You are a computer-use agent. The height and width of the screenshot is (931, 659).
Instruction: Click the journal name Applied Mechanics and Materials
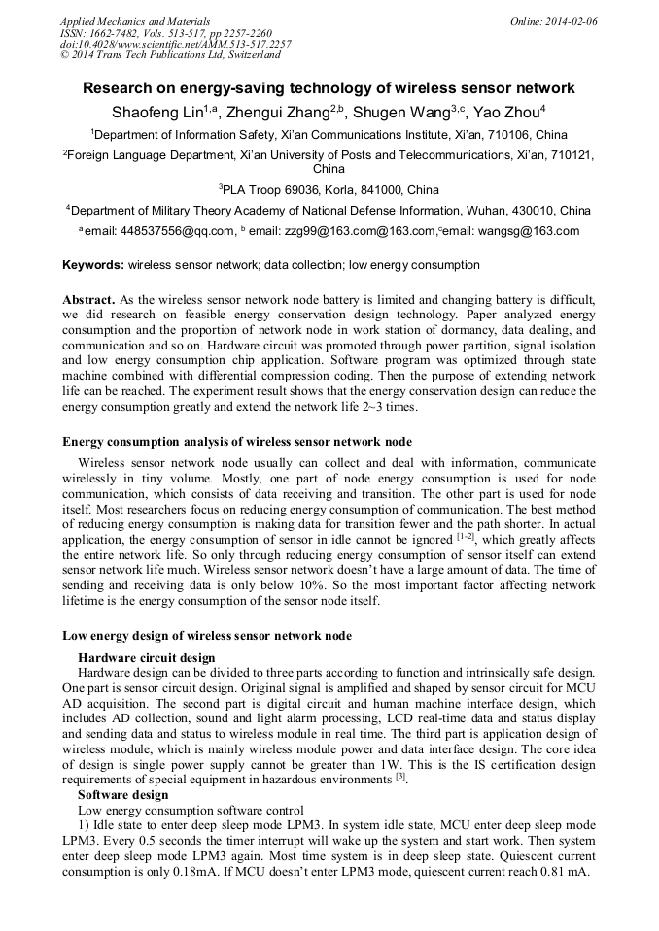[x=135, y=21]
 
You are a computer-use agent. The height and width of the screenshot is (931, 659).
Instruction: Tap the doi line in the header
[x=175, y=45]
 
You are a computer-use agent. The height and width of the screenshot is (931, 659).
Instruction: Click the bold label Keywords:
[x=93, y=265]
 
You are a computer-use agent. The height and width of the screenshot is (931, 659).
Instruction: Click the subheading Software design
[x=122, y=794]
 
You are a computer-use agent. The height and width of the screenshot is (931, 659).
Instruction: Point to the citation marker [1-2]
[x=466, y=536]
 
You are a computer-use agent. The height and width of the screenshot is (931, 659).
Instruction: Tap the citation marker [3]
[x=400, y=777]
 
